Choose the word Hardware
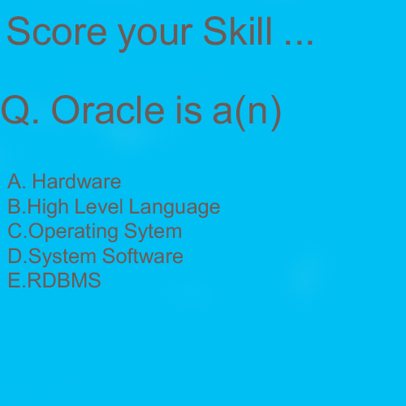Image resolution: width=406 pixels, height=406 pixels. [x=76, y=181]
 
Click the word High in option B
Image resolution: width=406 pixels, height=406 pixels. [x=46, y=207]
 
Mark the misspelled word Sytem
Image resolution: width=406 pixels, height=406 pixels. [x=153, y=232]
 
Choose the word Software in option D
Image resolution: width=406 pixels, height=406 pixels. [x=143, y=257]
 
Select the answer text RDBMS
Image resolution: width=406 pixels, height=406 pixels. [x=64, y=281]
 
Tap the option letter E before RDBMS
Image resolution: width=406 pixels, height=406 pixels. [x=13, y=281]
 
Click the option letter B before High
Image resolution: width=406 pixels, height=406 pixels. [x=13, y=206]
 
